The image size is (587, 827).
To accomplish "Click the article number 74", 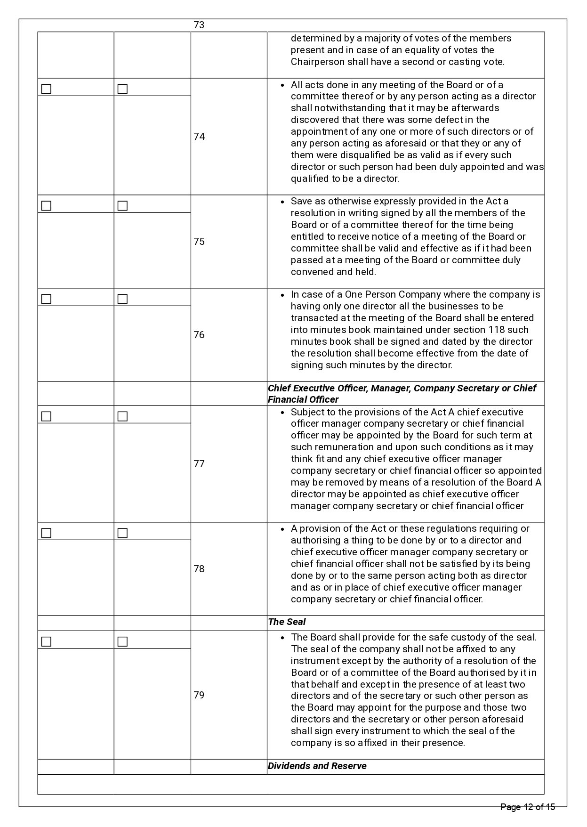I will [x=199, y=137].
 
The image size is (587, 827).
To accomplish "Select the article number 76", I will [x=199, y=335].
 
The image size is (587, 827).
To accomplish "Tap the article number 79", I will [x=199, y=695].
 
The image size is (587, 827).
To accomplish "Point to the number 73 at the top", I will [x=199, y=25].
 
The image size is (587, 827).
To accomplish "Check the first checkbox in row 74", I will [x=46, y=89].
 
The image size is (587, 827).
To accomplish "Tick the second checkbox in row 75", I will [x=122, y=206].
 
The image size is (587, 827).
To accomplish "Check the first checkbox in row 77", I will [x=46, y=416].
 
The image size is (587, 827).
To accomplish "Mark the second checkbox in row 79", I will [x=122, y=641].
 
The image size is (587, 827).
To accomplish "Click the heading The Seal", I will [x=287, y=622].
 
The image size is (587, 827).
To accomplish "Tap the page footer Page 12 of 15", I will [x=528, y=807].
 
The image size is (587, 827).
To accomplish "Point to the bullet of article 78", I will [x=282, y=529].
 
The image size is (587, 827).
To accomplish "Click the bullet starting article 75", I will [x=282, y=202].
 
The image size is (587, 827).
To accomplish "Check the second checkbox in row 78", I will [x=122, y=533].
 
